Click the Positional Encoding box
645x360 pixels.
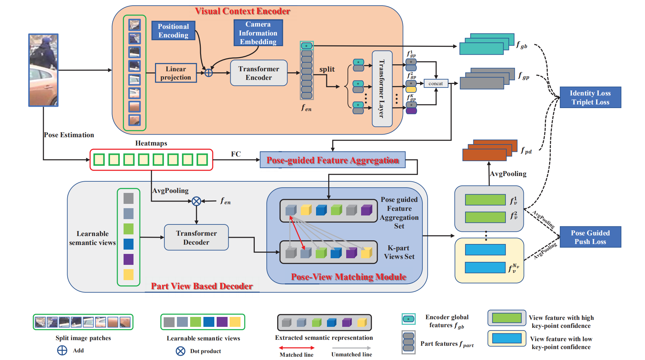coord(173,30)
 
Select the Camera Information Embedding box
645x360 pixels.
coord(258,33)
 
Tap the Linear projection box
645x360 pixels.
coord(176,73)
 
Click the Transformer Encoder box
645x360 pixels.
coord(259,73)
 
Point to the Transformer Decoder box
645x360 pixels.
coord(196,237)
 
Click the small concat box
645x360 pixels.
coord(436,84)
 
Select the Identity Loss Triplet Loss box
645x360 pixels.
coord(590,97)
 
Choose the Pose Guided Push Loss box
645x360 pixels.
coord(590,237)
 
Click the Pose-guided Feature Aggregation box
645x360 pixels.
coord(333,160)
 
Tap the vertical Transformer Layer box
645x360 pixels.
coord(382,89)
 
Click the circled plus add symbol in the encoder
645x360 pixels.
coord(209,73)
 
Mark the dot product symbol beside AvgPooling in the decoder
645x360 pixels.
coord(196,201)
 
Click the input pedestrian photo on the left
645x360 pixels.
coord(43,70)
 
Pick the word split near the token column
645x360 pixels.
coord(327,69)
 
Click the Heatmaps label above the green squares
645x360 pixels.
coord(151,143)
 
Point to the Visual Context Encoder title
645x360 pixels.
coord(242,11)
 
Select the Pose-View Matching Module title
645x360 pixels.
coord(349,277)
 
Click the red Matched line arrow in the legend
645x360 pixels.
coord(296,348)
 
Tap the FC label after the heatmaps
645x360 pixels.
coord(236,154)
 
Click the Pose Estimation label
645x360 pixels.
coord(69,135)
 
